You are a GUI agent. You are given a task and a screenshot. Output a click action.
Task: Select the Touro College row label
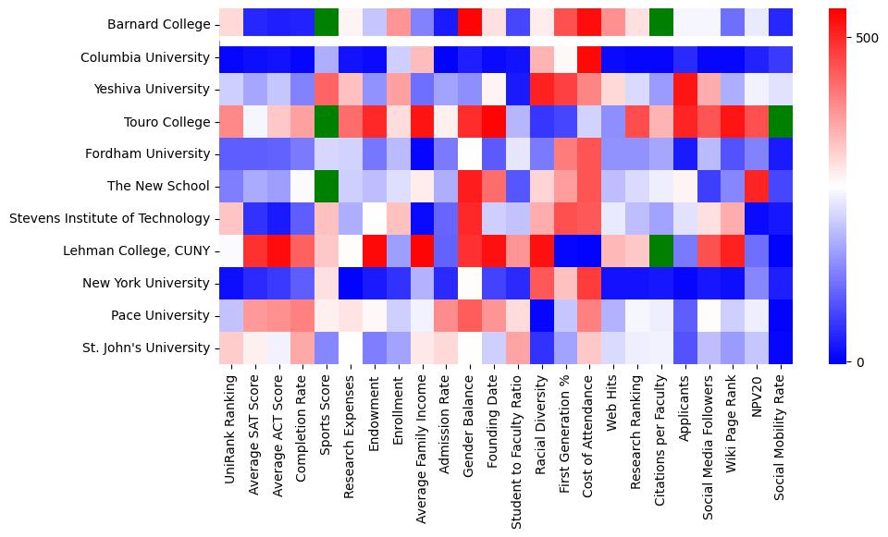point(166,122)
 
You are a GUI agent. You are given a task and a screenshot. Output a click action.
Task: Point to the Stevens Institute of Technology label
point(109,218)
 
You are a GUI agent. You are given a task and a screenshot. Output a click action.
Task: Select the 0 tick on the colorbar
point(862,361)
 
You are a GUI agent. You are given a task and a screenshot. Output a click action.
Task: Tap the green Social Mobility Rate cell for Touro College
point(782,121)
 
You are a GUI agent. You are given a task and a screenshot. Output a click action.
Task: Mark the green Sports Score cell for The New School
point(327,186)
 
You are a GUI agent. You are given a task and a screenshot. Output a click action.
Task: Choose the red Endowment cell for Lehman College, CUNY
point(375,250)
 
